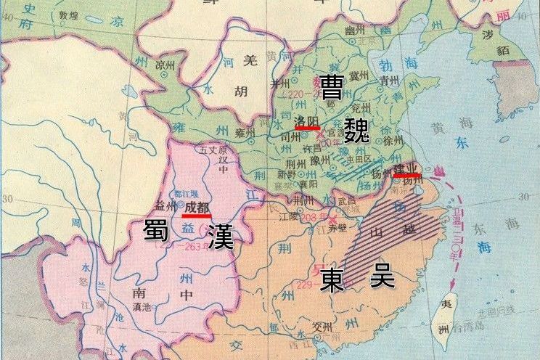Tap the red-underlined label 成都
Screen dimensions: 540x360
(x=197, y=208)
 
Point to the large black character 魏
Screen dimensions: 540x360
(x=356, y=128)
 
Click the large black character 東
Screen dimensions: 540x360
(x=335, y=279)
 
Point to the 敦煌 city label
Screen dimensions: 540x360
(x=67, y=15)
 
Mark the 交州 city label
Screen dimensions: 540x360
(x=322, y=326)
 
